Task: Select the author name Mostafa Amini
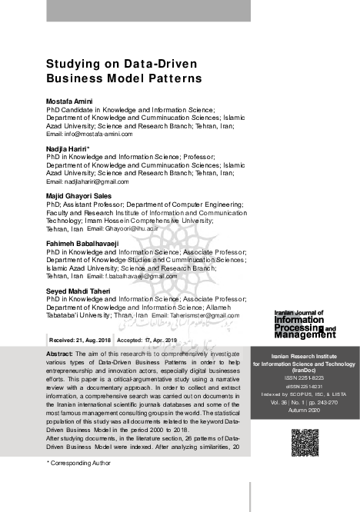coord(68,101)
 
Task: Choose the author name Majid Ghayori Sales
coord(79,196)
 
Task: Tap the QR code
coord(305,443)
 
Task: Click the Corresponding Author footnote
coord(81,464)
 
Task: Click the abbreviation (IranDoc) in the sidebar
coord(305,371)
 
